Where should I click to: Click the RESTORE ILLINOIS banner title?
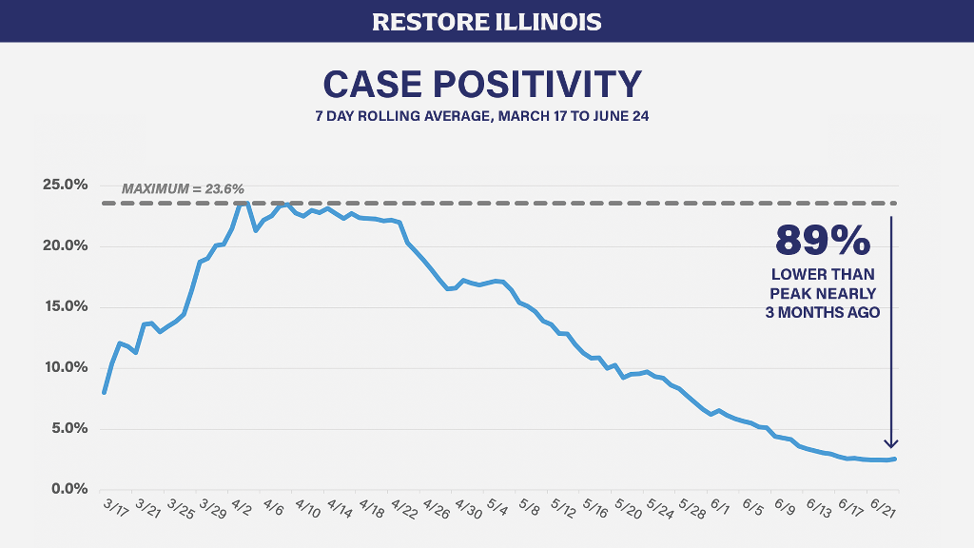click(486, 21)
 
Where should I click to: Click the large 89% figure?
click(824, 241)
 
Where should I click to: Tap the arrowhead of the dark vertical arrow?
click(891, 441)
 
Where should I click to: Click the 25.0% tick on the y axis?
click(66, 185)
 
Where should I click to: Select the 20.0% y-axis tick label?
click(66, 245)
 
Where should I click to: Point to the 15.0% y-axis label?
click(66, 306)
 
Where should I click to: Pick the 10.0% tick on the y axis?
click(66, 367)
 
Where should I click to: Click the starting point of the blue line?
click(104, 392)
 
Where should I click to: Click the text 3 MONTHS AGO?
click(823, 311)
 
